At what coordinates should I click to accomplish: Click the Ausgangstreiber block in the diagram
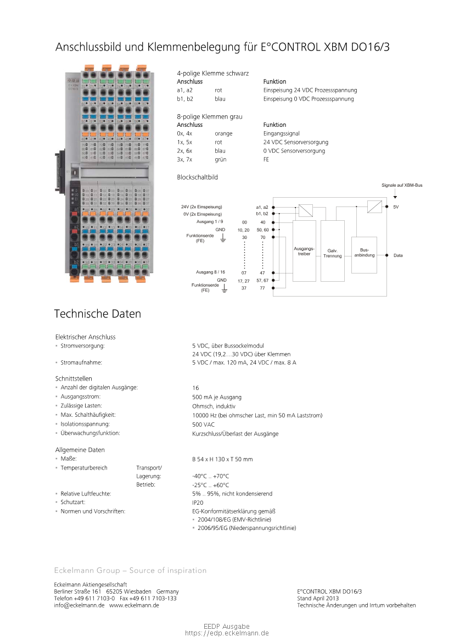304,252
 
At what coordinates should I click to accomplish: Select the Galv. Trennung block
332,253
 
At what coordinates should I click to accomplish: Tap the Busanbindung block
364,253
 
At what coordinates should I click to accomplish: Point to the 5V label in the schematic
395,206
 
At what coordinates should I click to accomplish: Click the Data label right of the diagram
397,256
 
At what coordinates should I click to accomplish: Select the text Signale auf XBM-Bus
402,186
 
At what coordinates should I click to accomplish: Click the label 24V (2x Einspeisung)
201,206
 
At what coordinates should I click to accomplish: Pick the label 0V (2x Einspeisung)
203,214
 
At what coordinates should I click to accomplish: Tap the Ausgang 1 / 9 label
209,221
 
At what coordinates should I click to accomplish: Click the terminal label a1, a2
262,206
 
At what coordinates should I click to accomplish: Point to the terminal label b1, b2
262,214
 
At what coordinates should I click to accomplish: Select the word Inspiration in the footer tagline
188,571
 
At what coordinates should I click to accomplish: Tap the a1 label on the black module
77,209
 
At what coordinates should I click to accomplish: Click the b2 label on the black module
77,261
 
